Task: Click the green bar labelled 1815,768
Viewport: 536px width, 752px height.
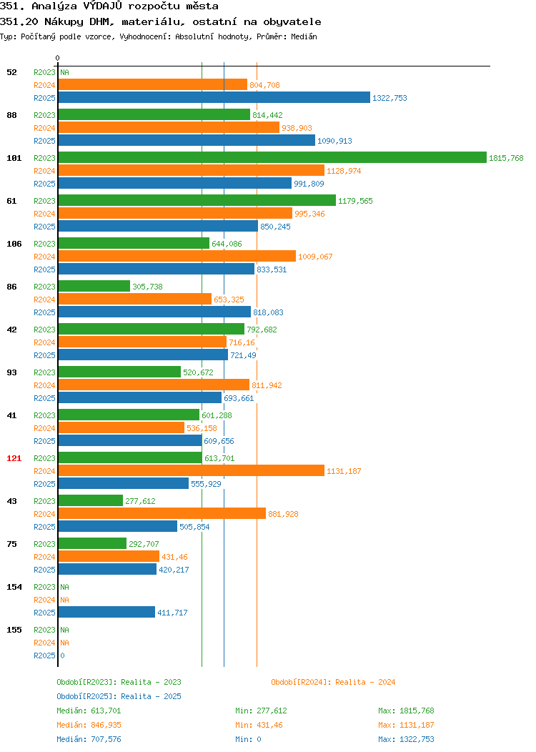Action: [x=272, y=158]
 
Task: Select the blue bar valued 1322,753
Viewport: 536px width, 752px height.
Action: [x=214, y=98]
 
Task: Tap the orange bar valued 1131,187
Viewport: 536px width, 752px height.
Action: [x=192, y=471]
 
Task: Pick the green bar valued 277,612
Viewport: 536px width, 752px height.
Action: [x=91, y=501]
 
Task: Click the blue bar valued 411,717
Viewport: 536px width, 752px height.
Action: [x=106, y=613]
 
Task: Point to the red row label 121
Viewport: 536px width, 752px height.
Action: [x=14, y=458]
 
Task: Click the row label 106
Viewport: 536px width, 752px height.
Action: [x=14, y=244]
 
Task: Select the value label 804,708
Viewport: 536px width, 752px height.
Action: [x=264, y=85]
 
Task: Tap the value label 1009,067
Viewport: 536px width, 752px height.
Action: [x=315, y=257]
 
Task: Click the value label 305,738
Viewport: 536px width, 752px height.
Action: [x=148, y=287]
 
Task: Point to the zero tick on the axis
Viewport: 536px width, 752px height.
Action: [x=58, y=59]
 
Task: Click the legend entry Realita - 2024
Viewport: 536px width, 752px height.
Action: [x=333, y=682]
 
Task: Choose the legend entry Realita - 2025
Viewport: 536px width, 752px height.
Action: [x=119, y=696]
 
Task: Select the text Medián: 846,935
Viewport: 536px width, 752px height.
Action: [x=89, y=725]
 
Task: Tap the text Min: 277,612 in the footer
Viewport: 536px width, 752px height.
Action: [x=262, y=711]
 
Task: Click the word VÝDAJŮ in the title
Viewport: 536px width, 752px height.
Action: [x=103, y=6]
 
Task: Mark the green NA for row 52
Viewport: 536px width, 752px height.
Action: [x=65, y=72]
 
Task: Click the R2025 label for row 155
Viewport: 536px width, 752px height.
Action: [x=44, y=655]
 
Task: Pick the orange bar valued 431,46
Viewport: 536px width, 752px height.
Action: [x=109, y=557]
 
